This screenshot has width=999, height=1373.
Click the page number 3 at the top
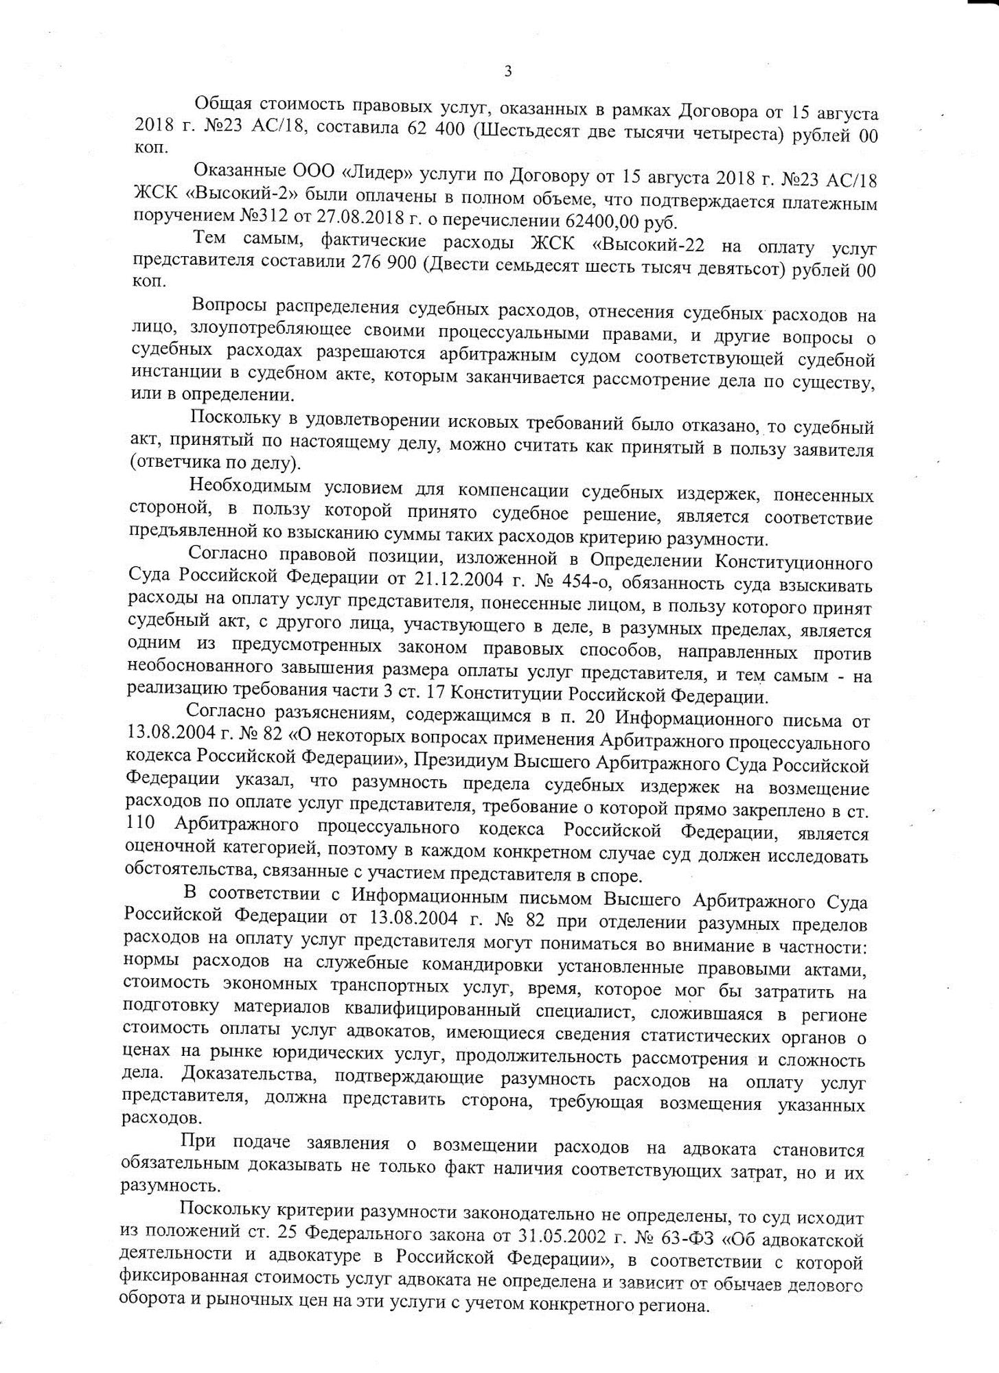tap(507, 71)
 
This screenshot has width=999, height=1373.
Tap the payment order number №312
tap(266, 222)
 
